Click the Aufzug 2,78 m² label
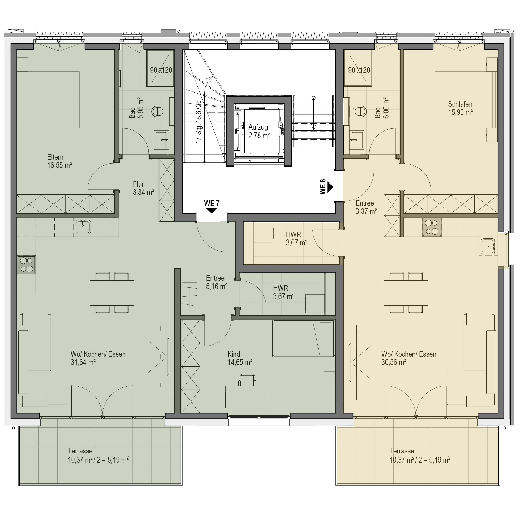(259, 131)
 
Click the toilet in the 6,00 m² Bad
(358, 111)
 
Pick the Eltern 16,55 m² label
(59, 161)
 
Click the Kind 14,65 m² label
(240, 358)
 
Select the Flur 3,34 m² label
(143, 188)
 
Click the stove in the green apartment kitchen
(26, 265)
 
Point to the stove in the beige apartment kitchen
(432, 227)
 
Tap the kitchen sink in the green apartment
(83, 227)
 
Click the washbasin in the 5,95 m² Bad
(161, 140)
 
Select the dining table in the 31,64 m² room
(112, 293)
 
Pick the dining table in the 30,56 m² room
(406, 293)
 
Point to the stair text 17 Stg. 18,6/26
(199, 122)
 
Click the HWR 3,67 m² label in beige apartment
(296, 239)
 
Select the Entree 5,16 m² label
(217, 282)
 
